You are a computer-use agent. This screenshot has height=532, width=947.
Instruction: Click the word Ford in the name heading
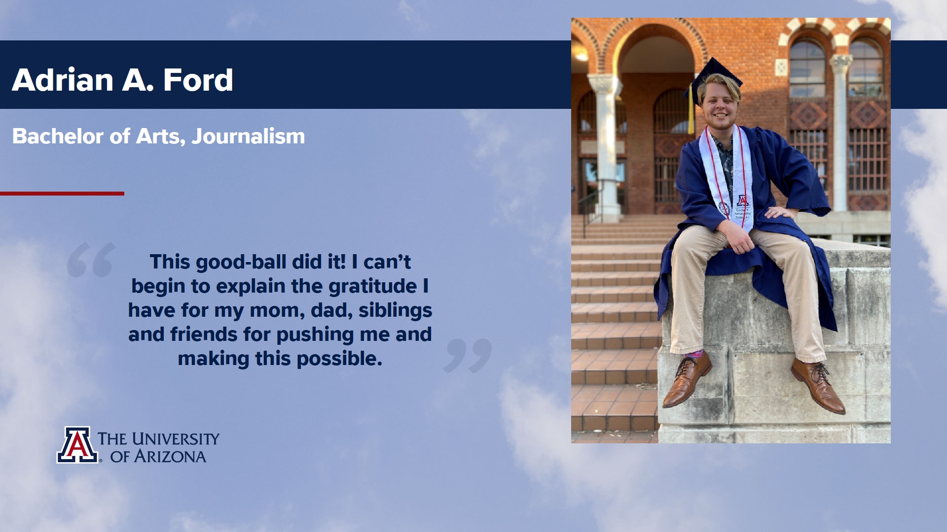[x=198, y=80]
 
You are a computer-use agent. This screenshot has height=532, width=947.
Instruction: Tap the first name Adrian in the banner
[x=63, y=80]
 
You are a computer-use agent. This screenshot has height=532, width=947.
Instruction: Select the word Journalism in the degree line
[x=248, y=136]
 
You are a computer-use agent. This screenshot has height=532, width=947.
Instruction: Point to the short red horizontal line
[x=62, y=194]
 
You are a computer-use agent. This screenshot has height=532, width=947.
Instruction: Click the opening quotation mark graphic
[x=91, y=260]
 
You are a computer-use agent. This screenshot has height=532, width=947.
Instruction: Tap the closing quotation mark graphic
[x=468, y=356]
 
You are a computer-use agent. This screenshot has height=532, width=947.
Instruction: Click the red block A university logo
[x=77, y=445]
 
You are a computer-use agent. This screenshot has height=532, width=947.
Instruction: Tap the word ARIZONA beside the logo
[x=170, y=457]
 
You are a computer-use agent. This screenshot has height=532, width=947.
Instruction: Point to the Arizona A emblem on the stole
[x=743, y=200]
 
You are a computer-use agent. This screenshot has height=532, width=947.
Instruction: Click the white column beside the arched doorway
[x=607, y=148]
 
